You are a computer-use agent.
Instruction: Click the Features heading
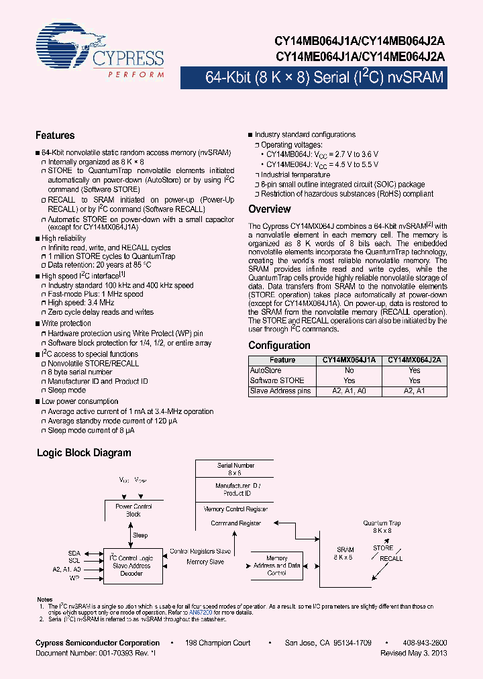(55, 136)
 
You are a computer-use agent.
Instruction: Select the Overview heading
(270, 209)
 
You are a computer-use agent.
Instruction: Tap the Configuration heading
(279, 346)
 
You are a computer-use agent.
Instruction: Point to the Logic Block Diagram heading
(84, 453)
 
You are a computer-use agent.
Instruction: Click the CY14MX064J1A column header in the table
(349, 360)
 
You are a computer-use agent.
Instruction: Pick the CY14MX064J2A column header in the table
(415, 360)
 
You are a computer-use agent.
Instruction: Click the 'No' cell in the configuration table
(349, 370)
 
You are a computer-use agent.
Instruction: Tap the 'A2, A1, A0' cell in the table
(349, 390)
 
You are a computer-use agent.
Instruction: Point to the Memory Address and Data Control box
(276, 566)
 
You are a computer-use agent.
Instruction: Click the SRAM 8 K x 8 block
(344, 554)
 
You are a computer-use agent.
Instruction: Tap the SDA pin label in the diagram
(74, 554)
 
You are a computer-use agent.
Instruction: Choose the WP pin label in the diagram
(75, 576)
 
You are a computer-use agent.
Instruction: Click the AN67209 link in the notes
(200, 613)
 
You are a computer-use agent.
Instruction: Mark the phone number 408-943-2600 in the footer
(425, 643)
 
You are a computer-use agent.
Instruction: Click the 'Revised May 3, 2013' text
(413, 652)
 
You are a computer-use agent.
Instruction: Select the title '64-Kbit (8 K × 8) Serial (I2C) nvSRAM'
(324, 78)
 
